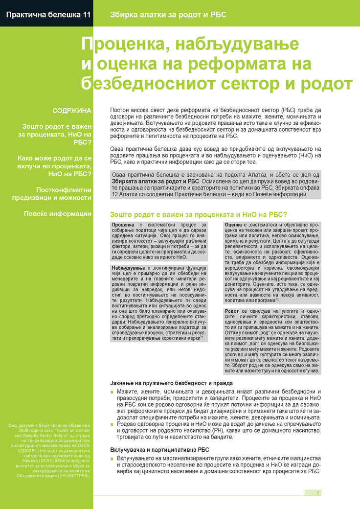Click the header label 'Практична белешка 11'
48,15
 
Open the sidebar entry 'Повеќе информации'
58,213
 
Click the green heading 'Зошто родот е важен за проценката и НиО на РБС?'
198,214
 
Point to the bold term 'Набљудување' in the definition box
128,269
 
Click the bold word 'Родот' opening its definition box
233,311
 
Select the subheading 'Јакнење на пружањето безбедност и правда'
171,383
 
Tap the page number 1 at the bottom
318,492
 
